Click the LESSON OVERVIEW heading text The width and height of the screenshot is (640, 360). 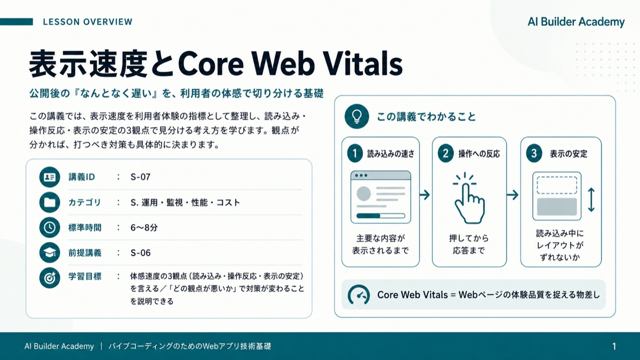[87, 22]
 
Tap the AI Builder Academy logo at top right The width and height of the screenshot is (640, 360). [576, 22]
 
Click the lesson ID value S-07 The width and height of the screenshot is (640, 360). [140, 177]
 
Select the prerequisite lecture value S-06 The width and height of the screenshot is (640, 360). [140, 253]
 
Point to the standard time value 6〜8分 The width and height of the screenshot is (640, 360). [144, 227]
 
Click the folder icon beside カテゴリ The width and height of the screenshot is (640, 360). [50, 202]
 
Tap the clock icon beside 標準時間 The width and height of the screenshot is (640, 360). [50, 227]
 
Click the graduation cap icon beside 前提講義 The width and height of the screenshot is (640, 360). [50, 253]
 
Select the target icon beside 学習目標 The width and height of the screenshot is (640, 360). [50, 278]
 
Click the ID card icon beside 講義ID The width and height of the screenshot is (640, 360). [50, 177]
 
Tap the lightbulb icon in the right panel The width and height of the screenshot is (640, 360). [357, 116]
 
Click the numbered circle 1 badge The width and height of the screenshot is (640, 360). [355, 154]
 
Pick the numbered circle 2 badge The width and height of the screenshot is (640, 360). [446, 154]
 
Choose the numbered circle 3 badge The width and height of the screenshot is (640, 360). [534, 154]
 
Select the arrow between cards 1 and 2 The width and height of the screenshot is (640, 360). [425, 195]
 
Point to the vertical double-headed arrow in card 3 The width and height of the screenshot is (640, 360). [591, 199]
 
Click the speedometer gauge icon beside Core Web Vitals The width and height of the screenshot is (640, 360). [358, 295]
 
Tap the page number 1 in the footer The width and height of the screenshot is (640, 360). [614, 346]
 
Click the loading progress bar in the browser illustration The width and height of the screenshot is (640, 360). [381, 215]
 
